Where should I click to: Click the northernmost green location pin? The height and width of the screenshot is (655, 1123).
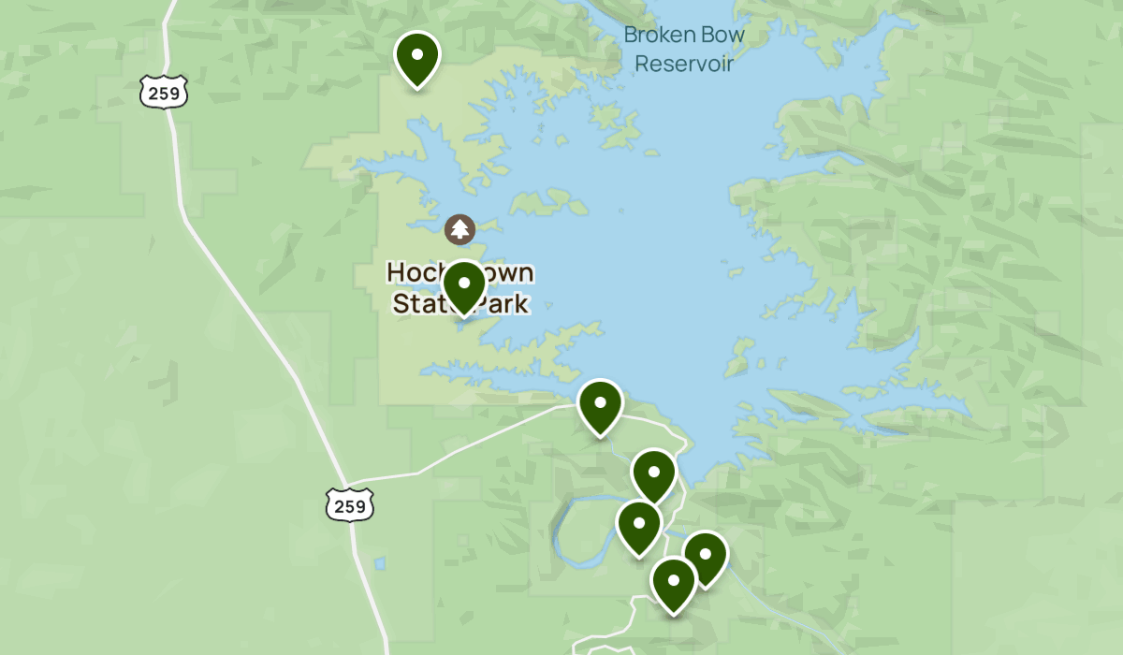click(x=417, y=58)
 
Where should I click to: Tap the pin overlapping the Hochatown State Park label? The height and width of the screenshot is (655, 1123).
click(x=463, y=286)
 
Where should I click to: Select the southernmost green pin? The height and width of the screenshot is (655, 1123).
click(x=673, y=584)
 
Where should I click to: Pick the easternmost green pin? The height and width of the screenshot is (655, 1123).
click(x=706, y=558)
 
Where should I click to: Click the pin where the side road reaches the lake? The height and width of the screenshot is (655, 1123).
click(x=601, y=406)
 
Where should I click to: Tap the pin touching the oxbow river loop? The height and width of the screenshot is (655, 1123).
click(x=639, y=527)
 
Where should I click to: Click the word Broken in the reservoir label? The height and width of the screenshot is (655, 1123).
click(x=659, y=36)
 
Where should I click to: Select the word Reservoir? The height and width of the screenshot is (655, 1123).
click(x=684, y=64)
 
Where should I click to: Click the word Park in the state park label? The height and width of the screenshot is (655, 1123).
click(x=502, y=304)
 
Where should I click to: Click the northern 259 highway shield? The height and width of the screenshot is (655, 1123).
click(x=165, y=92)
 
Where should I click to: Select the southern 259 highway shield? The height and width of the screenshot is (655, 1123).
click(x=350, y=505)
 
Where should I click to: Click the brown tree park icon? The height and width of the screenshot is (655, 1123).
click(x=459, y=229)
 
